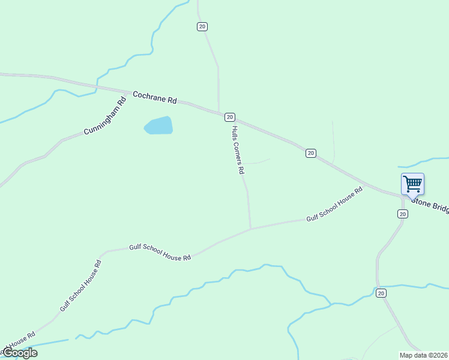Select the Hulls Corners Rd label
[x=238, y=149]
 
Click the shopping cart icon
[x=412, y=184]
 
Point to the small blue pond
[x=158, y=125]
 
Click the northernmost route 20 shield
[x=202, y=26]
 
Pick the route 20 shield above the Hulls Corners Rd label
[x=229, y=117]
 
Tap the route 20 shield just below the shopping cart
[x=402, y=214]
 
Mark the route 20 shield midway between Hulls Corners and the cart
[x=310, y=153]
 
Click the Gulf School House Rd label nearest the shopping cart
[x=334, y=205]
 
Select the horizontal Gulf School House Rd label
[x=160, y=252]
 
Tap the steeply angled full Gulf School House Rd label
[x=80, y=284]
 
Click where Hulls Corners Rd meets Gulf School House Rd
[x=250, y=229]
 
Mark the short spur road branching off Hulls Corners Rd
[x=257, y=161]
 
